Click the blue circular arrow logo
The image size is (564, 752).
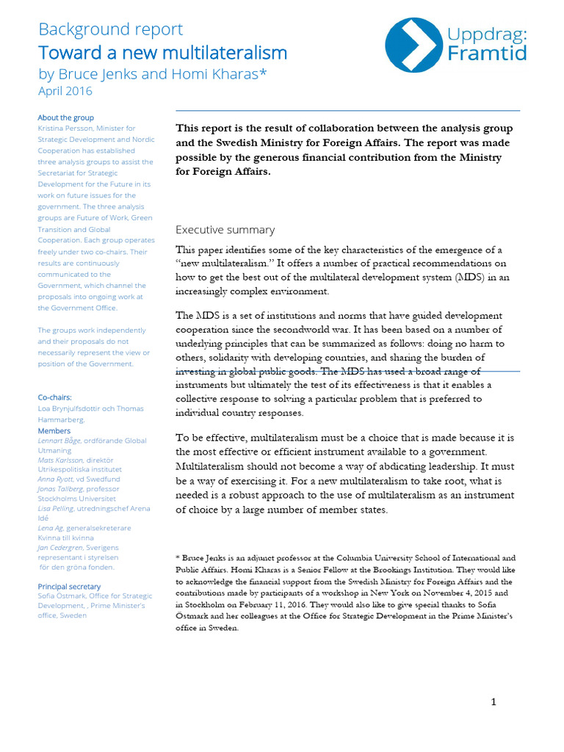click(413, 45)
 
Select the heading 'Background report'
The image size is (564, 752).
click(110, 29)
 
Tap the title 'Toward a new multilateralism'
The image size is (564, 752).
click(162, 53)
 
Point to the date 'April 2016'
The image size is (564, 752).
click(65, 91)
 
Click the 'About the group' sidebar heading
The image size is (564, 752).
click(65, 117)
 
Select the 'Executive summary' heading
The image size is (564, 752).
click(225, 230)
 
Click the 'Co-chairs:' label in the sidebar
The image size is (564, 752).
click(54, 397)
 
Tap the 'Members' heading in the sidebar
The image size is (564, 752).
click(54, 430)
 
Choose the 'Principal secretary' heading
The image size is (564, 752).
click(69, 586)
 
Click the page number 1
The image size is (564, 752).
click(493, 702)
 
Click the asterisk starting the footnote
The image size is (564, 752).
click(178, 558)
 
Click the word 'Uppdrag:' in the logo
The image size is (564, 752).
click(488, 33)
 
